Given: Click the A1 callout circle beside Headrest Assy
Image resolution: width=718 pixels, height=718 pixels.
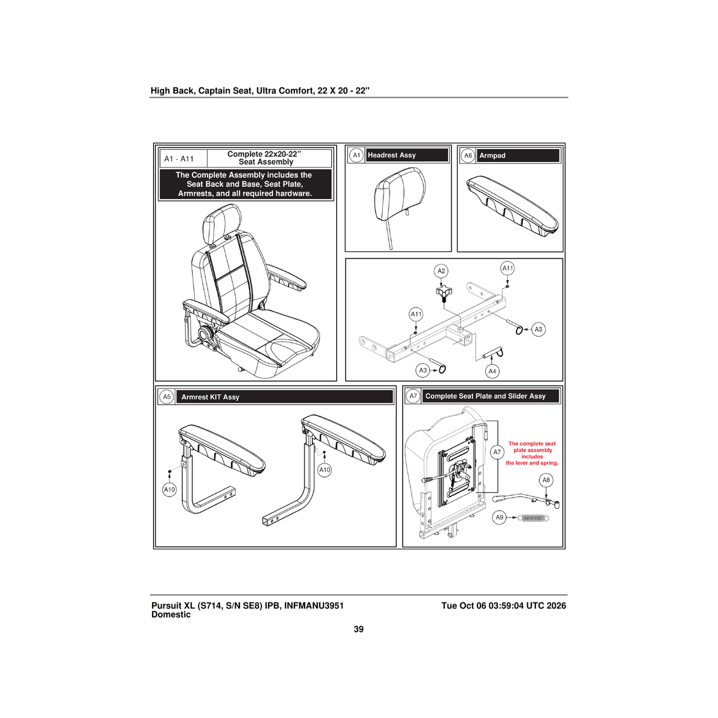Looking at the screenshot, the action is (356, 155).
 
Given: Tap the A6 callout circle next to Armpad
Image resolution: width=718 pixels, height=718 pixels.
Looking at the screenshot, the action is (468, 156).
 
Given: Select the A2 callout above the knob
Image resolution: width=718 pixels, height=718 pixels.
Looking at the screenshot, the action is (441, 271).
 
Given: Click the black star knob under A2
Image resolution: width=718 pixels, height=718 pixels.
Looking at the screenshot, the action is (444, 294).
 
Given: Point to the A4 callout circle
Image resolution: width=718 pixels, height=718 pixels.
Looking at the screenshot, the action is (492, 371).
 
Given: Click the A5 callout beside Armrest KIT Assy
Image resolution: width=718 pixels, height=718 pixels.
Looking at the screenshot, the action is (166, 397).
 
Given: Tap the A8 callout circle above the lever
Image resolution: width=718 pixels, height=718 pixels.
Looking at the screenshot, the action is (546, 480).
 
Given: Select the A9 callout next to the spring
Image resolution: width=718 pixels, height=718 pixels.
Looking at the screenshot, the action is (499, 517).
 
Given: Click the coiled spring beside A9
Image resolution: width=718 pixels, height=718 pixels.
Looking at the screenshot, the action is (534, 518).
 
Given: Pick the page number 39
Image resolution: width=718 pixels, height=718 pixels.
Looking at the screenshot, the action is (358, 629).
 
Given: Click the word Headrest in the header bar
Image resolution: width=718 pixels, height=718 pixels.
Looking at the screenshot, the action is (382, 155).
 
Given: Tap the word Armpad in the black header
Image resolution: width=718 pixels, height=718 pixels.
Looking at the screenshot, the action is (492, 156).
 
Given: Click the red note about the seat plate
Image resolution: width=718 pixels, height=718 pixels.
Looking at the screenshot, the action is (532, 453).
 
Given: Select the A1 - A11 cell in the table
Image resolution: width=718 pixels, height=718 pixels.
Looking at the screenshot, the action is (180, 159).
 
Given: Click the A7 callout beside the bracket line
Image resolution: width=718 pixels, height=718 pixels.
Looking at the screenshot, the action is (497, 452).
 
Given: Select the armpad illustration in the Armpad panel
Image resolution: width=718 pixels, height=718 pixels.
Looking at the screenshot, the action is (512, 206).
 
